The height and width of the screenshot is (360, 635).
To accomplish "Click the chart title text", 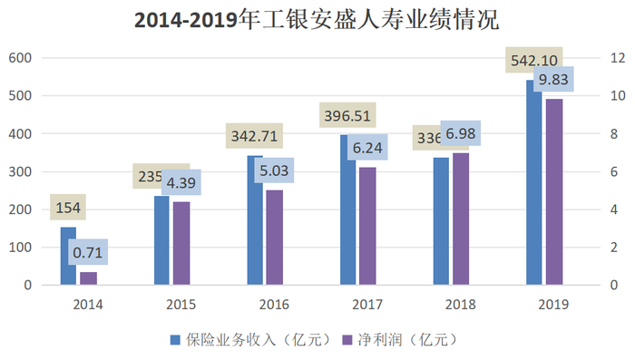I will click(317, 21).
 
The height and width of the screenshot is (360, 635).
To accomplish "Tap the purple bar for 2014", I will click(88, 278).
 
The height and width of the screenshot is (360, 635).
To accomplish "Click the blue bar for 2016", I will click(255, 220).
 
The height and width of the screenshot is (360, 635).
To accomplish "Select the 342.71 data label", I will click(256, 137).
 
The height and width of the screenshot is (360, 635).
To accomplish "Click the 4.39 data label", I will click(181, 181).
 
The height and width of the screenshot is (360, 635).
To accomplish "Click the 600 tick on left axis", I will click(20, 58).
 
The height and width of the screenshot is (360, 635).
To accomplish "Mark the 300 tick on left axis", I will click(20, 171).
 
